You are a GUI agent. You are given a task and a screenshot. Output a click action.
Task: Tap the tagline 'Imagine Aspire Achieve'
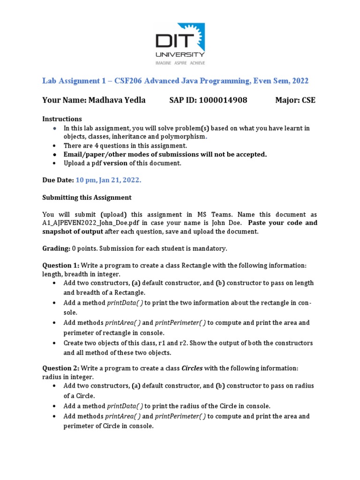coord(180,62)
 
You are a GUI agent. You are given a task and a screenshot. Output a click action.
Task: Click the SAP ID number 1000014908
coord(223,100)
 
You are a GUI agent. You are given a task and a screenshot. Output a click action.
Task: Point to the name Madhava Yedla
coord(116,100)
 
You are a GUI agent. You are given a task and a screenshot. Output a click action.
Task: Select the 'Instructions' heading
coord(62,119)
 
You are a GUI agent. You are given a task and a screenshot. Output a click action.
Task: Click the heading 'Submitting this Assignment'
coord(87,197)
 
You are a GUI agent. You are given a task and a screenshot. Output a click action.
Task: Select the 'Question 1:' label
coord(60,265)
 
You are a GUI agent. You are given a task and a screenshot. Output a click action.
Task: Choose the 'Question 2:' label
coord(60,368)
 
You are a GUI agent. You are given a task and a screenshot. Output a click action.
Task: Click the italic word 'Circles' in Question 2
coord(192,368)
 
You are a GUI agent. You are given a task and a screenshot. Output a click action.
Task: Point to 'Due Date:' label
coord(58,180)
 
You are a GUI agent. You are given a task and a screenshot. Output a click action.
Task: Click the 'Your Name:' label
coord(64,100)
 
